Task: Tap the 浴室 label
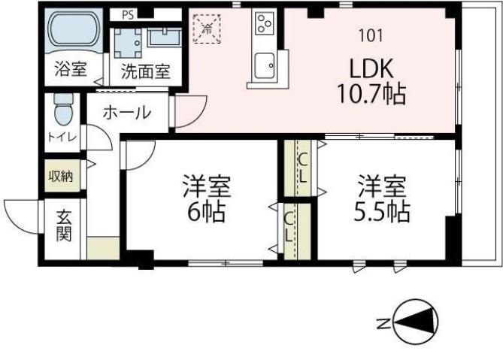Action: (69, 71)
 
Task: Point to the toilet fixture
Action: (62, 113)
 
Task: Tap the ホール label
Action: (126, 113)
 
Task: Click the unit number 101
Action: (374, 35)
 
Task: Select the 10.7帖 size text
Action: (371, 95)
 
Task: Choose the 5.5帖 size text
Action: (381, 212)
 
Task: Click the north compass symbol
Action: (417, 322)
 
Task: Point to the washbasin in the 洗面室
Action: (164, 37)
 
